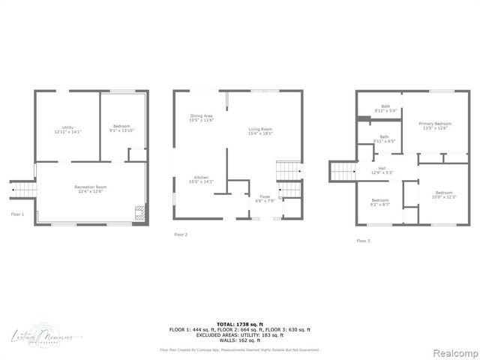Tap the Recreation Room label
pos(90,188)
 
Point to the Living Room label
pos(260,132)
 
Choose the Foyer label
pos(266,199)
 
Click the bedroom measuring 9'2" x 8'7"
pos(380,202)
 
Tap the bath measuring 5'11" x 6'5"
pos(384,139)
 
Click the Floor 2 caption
pos(181,235)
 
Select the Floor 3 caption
pos(363,241)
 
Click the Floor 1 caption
pos(17,214)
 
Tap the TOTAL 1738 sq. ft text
pos(240,323)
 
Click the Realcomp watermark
pos(452,352)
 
